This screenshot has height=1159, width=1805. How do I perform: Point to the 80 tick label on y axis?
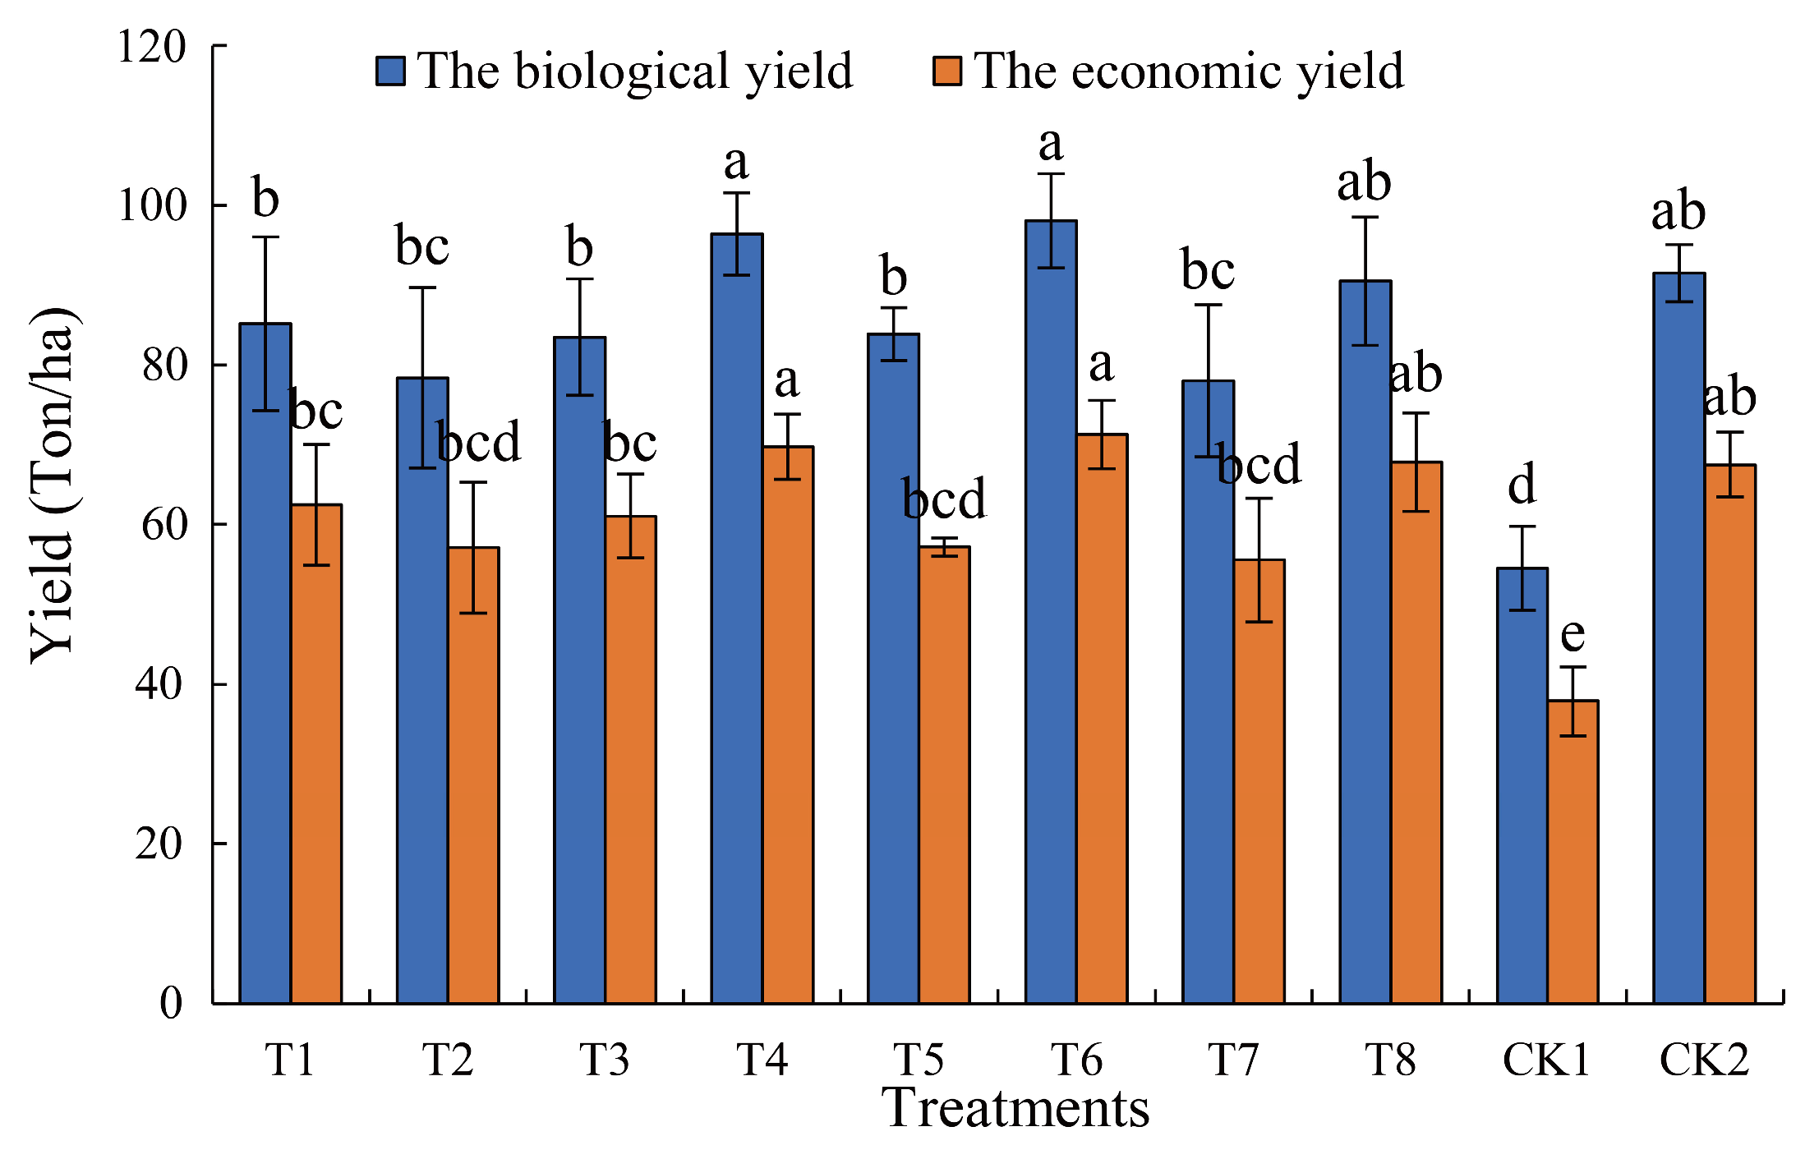click(x=164, y=365)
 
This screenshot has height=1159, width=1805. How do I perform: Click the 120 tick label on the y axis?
click(x=152, y=46)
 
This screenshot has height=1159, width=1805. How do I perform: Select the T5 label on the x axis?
click(x=919, y=1060)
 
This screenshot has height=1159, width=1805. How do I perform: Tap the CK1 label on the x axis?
click(x=1546, y=1060)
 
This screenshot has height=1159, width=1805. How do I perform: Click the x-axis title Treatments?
click(x=1015, y=1108)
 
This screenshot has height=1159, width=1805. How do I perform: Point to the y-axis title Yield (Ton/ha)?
click(x=53, y=485)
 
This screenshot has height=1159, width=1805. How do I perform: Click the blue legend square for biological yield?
click(x=390, y=71)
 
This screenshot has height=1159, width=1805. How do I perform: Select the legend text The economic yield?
click(x=1189, y=71)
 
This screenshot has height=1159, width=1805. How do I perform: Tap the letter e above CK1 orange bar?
click(x=1572, y=635)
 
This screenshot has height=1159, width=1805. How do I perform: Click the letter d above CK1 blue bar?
click(x=1522, y=485)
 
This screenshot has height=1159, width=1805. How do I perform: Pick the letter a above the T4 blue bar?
click(x=736, y=163)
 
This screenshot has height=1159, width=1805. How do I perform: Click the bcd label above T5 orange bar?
click(x=944, y=499)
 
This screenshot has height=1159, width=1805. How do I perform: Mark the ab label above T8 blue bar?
click(x=1364, y=182)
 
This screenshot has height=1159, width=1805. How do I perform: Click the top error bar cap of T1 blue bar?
click(x=265, y=237)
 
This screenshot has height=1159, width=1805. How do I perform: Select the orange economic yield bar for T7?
click(x=1259, y=781)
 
